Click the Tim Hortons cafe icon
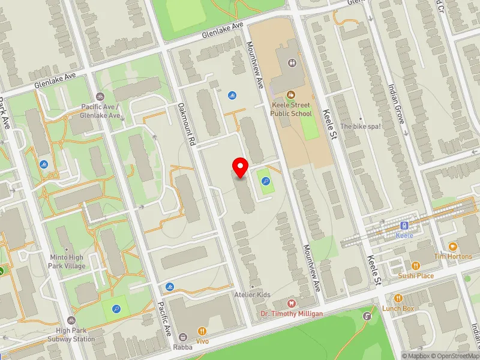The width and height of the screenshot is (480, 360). pyautogui.click(x=452, y=247)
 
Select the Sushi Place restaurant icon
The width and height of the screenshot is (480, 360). pyautogui.click(x=415, y=265)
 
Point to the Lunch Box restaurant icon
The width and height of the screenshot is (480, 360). pyautogui.click(x=398, y=298)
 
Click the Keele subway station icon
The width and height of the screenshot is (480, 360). pyautogui.click(x=404, y=226)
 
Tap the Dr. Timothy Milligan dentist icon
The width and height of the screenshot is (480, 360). pyautogui.click(x=292, y=304)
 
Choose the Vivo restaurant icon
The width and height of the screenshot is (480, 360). pyautogui.click(x=202, y=331)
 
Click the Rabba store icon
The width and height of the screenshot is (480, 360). pyautogui.click(x=184, y=337)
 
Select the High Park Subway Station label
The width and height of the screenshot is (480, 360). pyautogui.click(x=71, y=335)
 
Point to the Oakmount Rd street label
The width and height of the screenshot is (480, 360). pyautogui.click(x=187, y=125)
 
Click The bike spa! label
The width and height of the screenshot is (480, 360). pyautogui.click(x=361, y=127)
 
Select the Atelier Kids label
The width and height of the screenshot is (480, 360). pyautogui.click(x=252, y=295)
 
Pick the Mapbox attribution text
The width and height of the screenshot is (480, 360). pyautogui.click(x=415, y=356)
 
